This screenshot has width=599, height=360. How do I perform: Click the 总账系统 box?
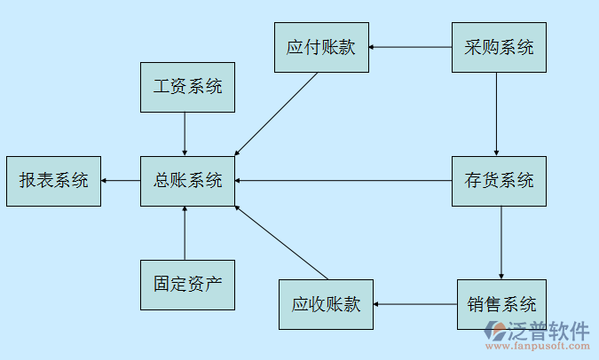click(x=187, y=181)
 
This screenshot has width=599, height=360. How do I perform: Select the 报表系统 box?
click(x=53, y=181)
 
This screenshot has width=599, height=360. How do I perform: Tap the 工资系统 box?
click(x=187, y=87)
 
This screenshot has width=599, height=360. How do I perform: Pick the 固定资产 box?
click(x=187, y=285)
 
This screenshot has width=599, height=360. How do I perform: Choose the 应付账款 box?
click(x=320, y=47)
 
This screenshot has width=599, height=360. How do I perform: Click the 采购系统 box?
click(x=499, y=47)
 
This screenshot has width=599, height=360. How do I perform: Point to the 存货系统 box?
click(x=499, y=181)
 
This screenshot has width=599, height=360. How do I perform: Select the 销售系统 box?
click(x=502, y=305)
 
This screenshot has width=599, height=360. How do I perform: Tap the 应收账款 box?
click(x=326, y=305)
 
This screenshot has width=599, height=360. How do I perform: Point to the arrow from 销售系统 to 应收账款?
click(x=414, y=305)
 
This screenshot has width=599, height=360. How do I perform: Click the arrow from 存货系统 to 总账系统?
click(x=343, y=181)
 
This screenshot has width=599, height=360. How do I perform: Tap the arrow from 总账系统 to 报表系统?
click(x=121, y=181)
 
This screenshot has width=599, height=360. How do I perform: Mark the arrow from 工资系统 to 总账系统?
click(x=185, y=134)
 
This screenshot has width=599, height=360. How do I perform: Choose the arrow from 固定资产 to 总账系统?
click(x=185, y=233)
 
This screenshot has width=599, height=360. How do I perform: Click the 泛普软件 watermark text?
click(x=548, y=332)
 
